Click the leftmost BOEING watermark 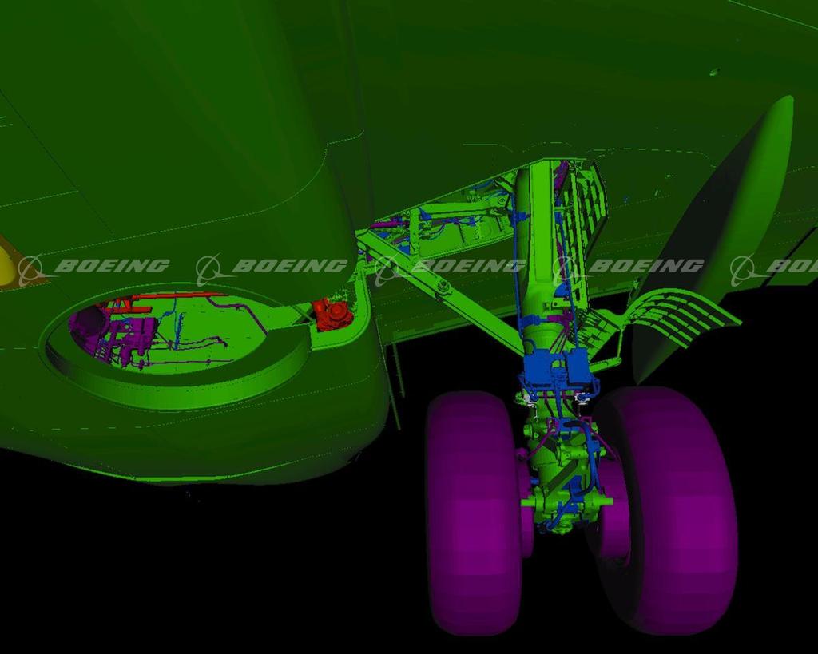[94, 268]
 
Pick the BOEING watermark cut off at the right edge [774, 268]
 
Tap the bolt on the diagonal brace [444, 285]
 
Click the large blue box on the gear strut [542, 367]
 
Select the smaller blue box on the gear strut [578, 365]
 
